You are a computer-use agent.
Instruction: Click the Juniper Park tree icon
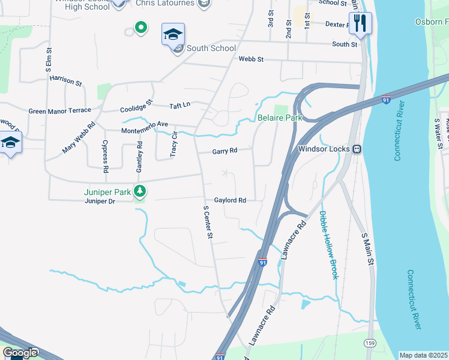(140, 191)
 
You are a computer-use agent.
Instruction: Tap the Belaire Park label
(280, 118)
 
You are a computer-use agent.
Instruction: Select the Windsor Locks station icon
(356, 148)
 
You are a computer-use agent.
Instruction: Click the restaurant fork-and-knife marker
(360, 24)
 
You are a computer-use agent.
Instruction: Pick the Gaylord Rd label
(231, 200)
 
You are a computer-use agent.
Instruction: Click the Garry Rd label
(224, 152)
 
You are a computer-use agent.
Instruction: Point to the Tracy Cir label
(174, 144)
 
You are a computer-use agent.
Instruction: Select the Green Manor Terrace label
(60, 110)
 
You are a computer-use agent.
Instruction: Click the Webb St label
(251, 59)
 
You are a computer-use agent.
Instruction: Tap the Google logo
(20, 353)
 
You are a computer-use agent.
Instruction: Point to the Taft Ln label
(179, 104)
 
